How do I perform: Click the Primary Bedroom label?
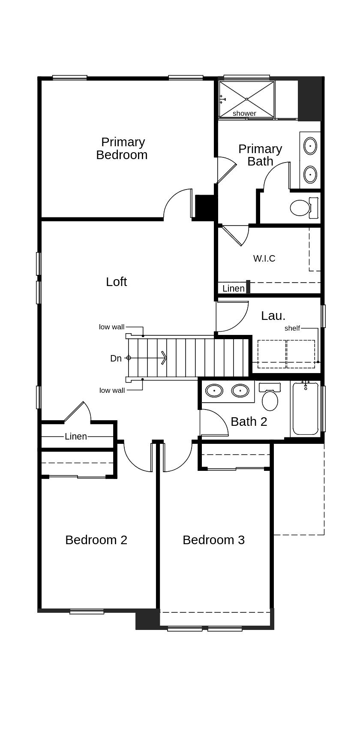click(122, 148)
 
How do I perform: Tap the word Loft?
click(117, 282)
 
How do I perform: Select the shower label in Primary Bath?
click(244, 113)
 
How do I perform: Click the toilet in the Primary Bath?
click(301, 208)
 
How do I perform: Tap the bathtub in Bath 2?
click(306, 410)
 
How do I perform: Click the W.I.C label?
click(264, 259)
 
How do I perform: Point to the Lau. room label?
click(273, 316)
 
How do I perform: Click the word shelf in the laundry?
click(292, 328)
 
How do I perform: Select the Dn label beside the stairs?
click(116, 358)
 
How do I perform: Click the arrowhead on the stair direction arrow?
click(164, 358)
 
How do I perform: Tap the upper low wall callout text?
click(111, 327)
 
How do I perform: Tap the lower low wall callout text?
click(112, 390)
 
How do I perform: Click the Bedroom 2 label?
click(96, 540)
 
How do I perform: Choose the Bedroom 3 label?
click(213, 540)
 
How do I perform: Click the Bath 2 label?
click(249, 422)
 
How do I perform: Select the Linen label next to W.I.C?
click(233, 289)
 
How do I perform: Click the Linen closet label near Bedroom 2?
click(76, 437)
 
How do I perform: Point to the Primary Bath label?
click(260, 155)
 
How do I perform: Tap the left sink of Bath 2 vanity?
click(214, 391)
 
